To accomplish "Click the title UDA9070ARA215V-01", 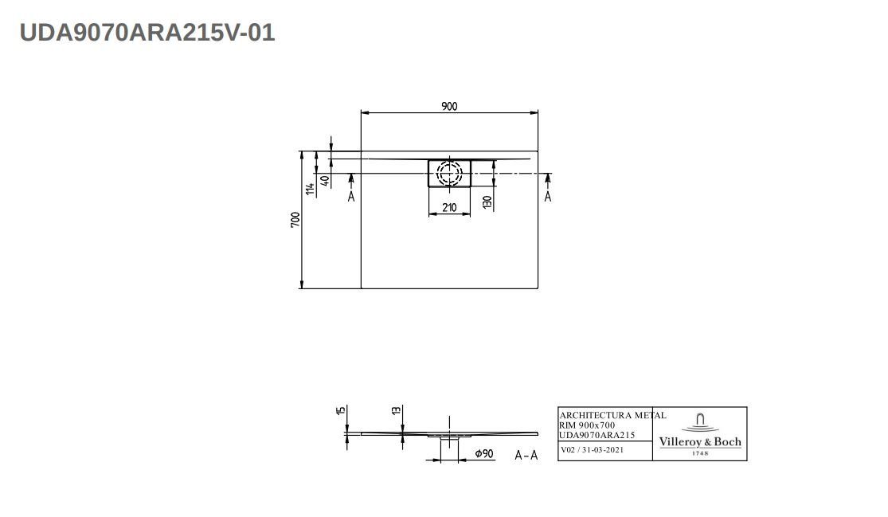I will click(147, 33).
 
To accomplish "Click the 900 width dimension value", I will click(449, 106).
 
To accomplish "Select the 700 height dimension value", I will click(295, 220).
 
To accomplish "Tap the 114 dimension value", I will click(311, 189).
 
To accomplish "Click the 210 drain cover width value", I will click(448, 209).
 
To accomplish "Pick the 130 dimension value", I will click(487, 202).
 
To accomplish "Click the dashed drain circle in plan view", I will click(449, 173).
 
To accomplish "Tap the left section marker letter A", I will click(351, 196).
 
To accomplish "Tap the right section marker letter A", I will click(547, 196).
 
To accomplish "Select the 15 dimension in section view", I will click(341, 411).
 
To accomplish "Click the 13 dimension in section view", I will click(396, 410).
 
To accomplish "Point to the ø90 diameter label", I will click(484, 454).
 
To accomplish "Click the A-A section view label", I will click(526, 456).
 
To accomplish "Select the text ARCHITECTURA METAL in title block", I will click(612, 415).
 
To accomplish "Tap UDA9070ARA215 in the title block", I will click(597, 435).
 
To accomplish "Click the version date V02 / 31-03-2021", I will click(593, 450).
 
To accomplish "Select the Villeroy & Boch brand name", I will click(700, 442).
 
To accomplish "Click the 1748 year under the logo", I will click(699, 453).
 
